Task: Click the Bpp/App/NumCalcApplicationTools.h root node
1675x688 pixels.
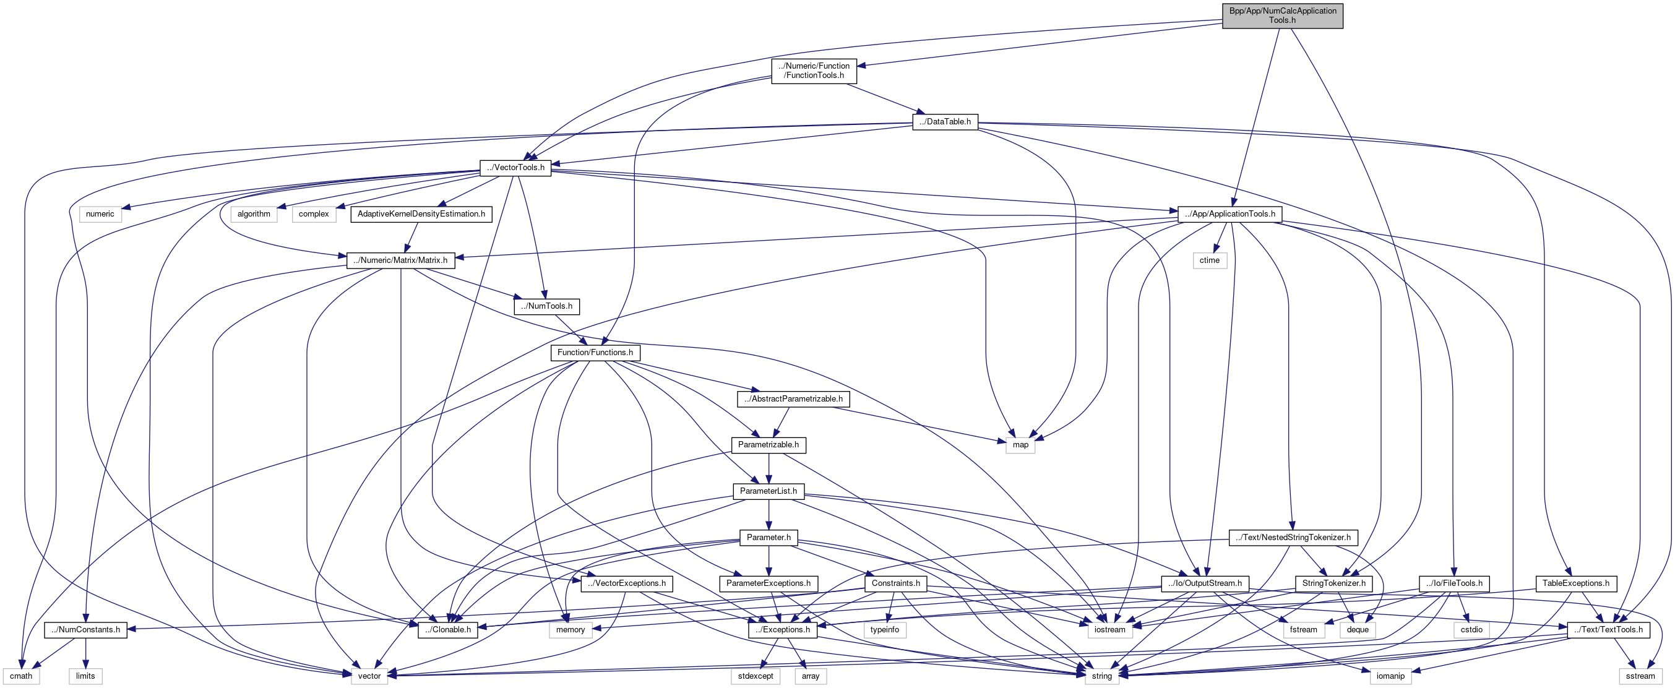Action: (x=1282, y=15)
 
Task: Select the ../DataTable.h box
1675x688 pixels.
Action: (x=945, y=122)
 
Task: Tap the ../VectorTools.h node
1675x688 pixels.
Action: (x=515, y=168)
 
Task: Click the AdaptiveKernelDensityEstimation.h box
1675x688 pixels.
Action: (x=421, y=214)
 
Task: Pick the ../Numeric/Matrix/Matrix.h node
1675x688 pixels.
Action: (x=400, y=260)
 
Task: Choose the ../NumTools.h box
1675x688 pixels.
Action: (x=546, y=306)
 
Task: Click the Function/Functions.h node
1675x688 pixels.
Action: (x=595, y=353)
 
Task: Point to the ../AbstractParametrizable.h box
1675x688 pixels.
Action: (x=793, y=398)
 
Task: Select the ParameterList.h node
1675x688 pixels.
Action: (x=768, y=491)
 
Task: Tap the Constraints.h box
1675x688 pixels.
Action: (x=895, y=583)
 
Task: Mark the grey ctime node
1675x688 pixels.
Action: (x=1210, y=260)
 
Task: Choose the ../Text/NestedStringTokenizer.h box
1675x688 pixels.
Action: (x=1293, y=538)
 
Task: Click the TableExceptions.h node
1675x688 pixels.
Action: (x=1575, y=583)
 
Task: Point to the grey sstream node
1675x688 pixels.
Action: (x=1640, y=676)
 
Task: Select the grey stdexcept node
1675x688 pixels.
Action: (x=755, y=676)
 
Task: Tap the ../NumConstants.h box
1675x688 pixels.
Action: (x=85, y=629)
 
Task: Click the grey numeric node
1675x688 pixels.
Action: (x=100, y=214)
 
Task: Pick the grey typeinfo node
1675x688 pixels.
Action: (x=884, y=629)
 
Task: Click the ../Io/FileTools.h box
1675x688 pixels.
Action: (x=1454, y=583)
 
